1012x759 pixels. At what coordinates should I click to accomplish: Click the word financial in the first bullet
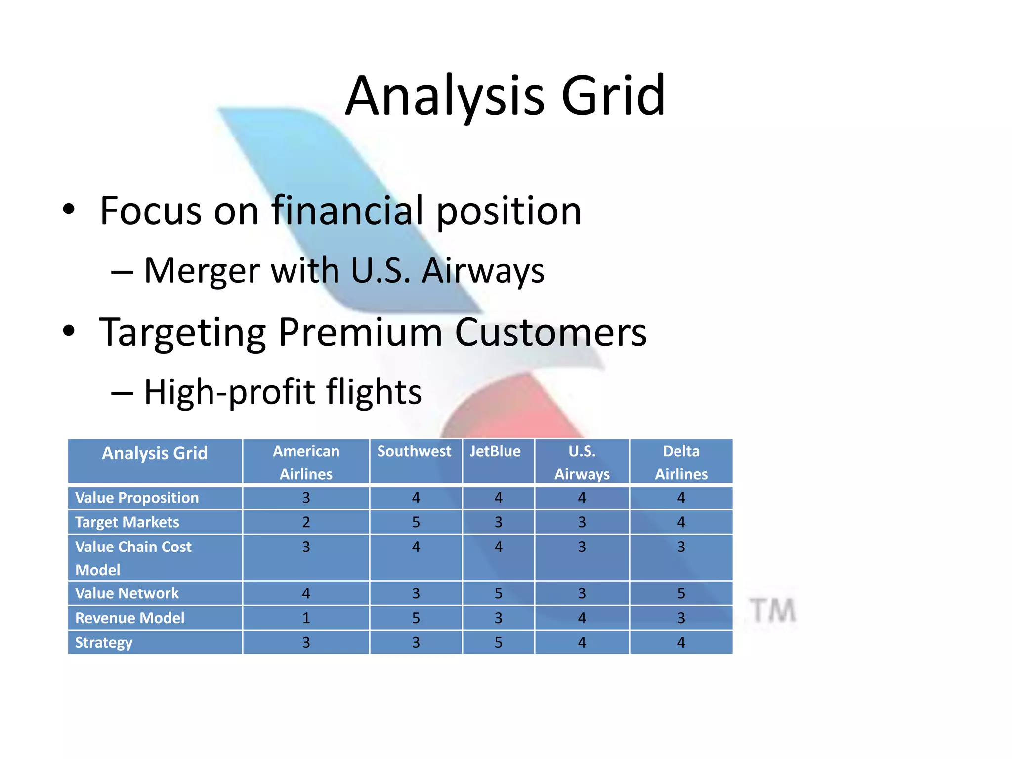coord(349,211)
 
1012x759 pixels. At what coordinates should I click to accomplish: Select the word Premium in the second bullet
coord(360,333)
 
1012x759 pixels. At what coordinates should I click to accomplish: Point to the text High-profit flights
coord(283,392)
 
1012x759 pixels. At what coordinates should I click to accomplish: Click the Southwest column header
coord(415,452)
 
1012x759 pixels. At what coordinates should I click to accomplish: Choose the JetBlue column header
coord(495,452)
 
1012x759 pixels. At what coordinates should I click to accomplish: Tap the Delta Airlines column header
coord(681,463)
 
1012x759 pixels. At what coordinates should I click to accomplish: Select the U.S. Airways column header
coord(582,463)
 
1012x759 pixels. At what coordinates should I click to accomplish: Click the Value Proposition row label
coord(137,498)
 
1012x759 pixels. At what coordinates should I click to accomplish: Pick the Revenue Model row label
coord(130,618)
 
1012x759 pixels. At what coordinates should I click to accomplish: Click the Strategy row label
coord(104,643)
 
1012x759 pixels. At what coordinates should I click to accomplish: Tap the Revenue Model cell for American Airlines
coord(306,618)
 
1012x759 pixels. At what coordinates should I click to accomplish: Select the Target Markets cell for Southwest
coord(416,522)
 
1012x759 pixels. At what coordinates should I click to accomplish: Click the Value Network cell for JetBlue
coord(498,593)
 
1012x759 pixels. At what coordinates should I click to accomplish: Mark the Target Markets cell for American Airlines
coord(306,522)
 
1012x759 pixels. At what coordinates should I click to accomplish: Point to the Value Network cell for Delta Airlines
coord(681,593)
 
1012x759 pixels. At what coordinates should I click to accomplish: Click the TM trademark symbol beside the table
coord(772,611)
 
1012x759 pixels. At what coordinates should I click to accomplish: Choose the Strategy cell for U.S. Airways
coord(582,643)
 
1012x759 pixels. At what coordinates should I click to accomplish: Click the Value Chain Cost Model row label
coord(133,558)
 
